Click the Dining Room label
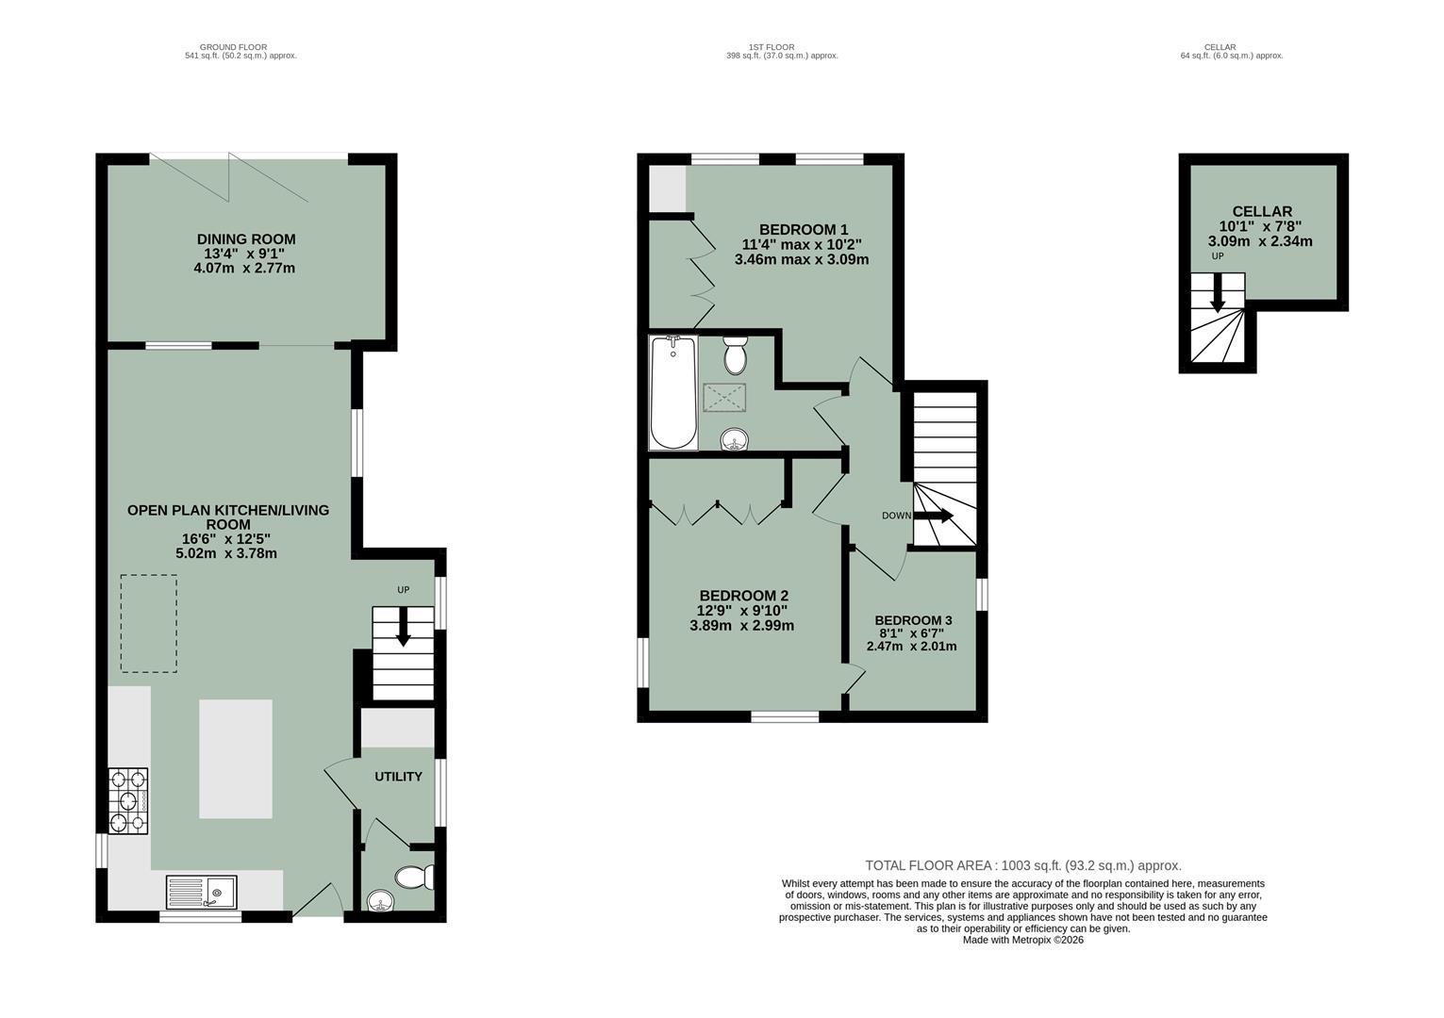pyautogui.click(x=245, y=239)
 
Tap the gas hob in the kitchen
pyautogui.click(x=128, y=802)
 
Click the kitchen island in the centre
pyautogui.click(x=235, y=759)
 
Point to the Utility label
pyautogui.click(x=398, y=777)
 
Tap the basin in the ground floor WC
pyautogui.click(x=380, y=901)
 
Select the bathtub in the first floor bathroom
pyautogui.click(x=673, y=393)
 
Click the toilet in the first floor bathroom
pyautogui.click(x=735, y=356)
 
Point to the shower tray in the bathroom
pyautogui.click(x=724, y=398)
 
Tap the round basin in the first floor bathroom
pyautogui.click(x=734, y=438)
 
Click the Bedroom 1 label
pyautogui.click(x=804, y=229)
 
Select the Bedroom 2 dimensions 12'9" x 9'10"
pyautogui.click(x=742, y=611)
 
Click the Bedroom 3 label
pyautogui.click(x=912, y=620)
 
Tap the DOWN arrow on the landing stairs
pyautogui.click(x=933, y=516)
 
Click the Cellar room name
pyautogui.click(x=1261, y=212)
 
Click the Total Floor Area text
pyautogui.click(x=1022, y=865)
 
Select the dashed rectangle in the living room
pyautogui.click(x=148, y=623)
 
